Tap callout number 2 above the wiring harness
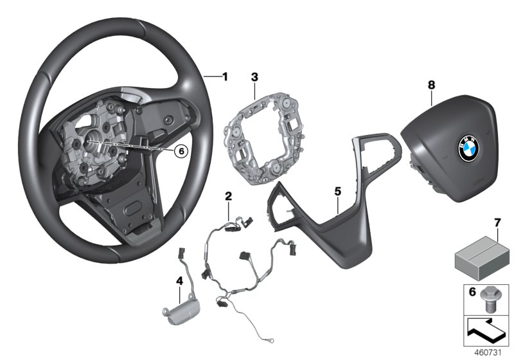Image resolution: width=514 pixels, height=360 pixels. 227,195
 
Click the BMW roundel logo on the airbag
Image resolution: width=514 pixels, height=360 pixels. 465,149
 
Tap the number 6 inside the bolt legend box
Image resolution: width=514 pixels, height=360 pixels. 472,292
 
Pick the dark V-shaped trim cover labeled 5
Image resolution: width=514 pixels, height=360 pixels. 328,219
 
